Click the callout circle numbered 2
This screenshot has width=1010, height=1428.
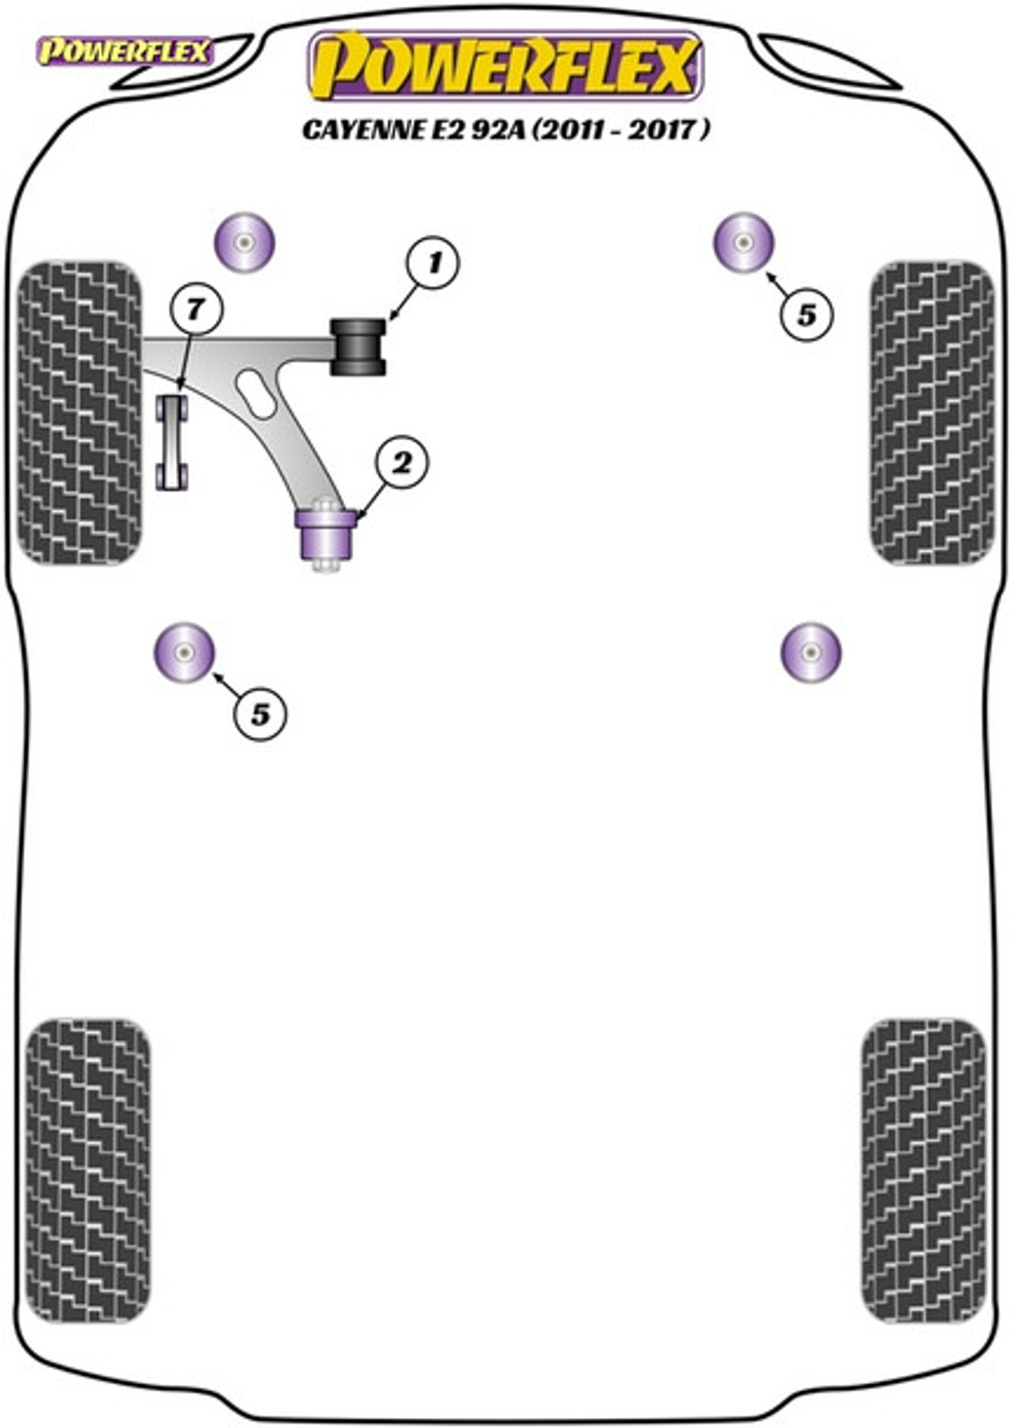click(402, 464)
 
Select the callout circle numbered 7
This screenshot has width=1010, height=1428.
click(196, 311)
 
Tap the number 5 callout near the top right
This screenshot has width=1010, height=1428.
click(806, 315)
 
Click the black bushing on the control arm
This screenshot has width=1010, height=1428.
click(358, 347)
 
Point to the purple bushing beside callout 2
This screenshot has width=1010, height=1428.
click(325, 535)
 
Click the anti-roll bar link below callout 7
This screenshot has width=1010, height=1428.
click(173, 443)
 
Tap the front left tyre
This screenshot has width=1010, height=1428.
click(79, 412)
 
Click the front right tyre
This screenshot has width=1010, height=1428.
click(933, 412)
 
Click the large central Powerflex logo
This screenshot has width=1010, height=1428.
click(506, 67)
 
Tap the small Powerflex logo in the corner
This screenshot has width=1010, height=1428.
click(125, 52)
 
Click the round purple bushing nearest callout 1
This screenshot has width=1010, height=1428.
click(244, 243)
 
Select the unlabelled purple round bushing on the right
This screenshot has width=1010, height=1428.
click(811, 652)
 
